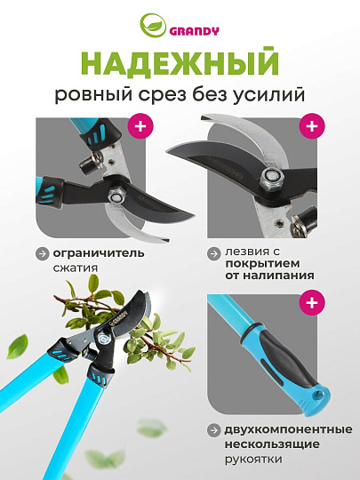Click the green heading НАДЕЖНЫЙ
coord(180,65)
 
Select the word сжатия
coord(76,267)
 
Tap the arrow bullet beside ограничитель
coord(42,253)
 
